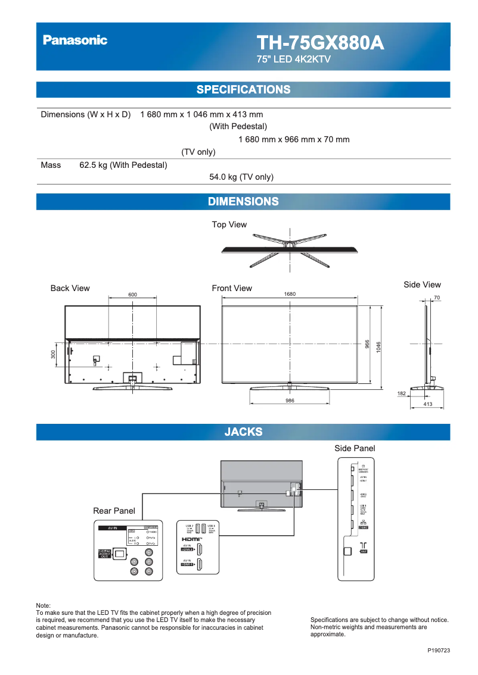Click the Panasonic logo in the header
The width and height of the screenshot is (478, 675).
point(75,40)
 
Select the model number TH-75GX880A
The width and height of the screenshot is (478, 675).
point(320,43)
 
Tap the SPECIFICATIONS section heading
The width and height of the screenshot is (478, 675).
point(243,90)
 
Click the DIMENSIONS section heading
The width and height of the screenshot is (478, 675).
point(243,202)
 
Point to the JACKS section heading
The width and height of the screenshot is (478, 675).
point(243,432)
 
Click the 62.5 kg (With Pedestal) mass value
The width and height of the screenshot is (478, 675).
point(123,165)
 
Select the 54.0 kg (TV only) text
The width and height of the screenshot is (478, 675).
point(241,177)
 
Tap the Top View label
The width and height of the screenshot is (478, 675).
point(229,224)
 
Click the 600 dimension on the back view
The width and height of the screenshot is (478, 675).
point(132,295)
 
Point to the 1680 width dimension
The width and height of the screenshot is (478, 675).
point(290,295)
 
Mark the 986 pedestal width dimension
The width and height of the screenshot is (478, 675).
point(290,401)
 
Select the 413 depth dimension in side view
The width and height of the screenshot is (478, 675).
point(427,405)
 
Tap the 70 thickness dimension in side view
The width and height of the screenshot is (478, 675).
point(437,298)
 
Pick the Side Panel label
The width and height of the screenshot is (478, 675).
point(355,448)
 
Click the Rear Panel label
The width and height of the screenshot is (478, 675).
point(114,511)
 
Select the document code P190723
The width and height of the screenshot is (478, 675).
point(439,651)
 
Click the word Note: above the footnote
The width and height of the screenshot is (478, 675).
point(44,605)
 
